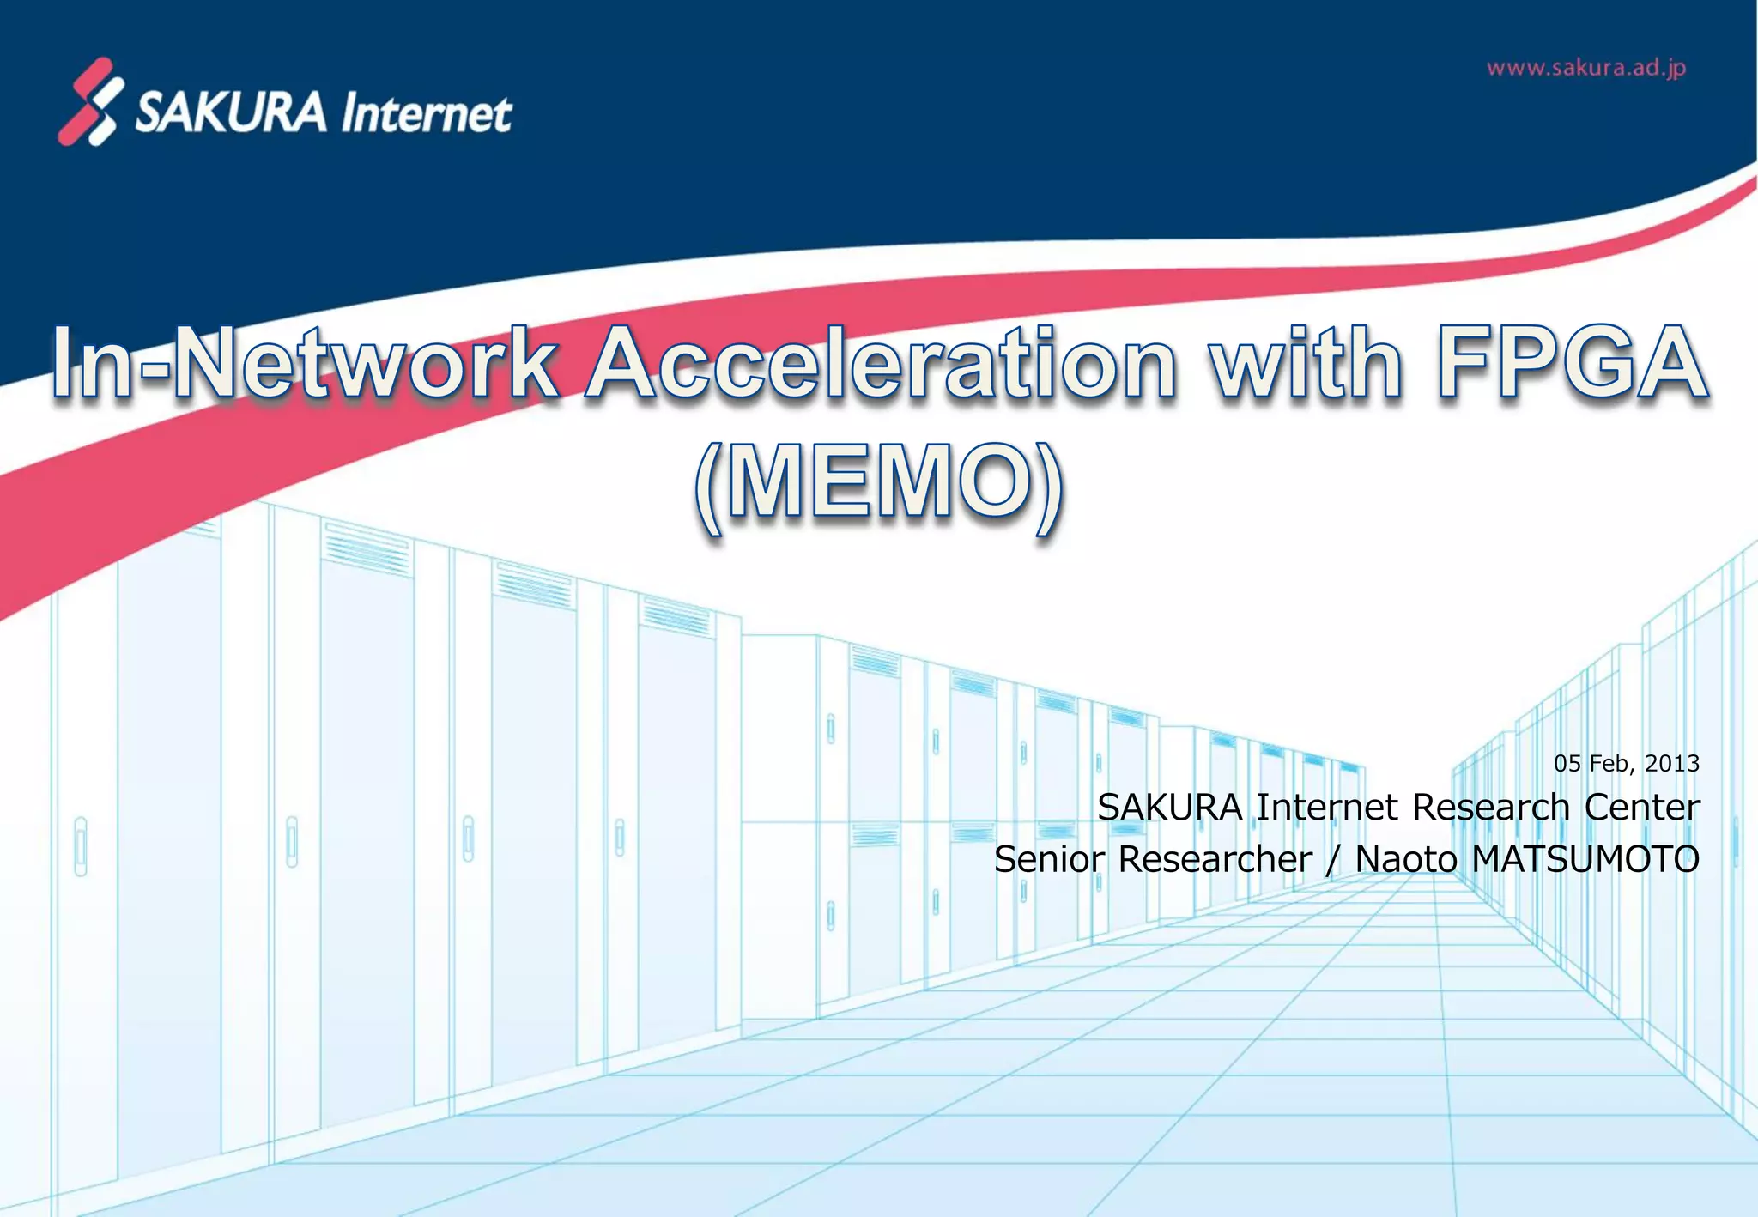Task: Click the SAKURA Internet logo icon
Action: pyautogui.click(x=91, y=101)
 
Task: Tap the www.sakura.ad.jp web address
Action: pyautogui.click(x=1586, y=68)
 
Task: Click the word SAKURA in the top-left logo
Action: pyautogui.click(x=231, y=112)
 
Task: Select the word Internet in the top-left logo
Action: pyautogui.click(x=426, y=114)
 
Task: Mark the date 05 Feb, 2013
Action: pyautogui.click(x=1626, y=763)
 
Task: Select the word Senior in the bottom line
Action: pyautogui.click(x=1048, y=859)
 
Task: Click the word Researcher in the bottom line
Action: pyautogui.click(x=1215, y=859)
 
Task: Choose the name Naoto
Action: pyautogui.click(x=1405, y=859)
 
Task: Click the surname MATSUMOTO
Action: pyautogui.click(x=1585, y=859)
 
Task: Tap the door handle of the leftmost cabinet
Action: pyautogui.click(x=81, y=845)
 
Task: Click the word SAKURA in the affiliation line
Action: pyautogui.click(x=1170, y=808)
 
